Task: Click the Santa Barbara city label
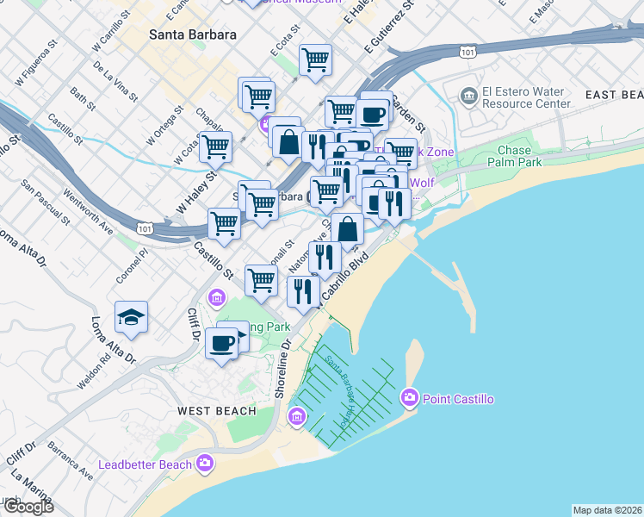tap(193, 35)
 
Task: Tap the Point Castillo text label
tap(456, 399)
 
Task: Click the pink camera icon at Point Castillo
tap(409, 397)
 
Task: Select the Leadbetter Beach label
tap(146, 464)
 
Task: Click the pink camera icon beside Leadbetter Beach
tap(205, 464)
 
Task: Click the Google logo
tap(28, 507)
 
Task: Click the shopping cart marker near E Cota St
tap(316, 60)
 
